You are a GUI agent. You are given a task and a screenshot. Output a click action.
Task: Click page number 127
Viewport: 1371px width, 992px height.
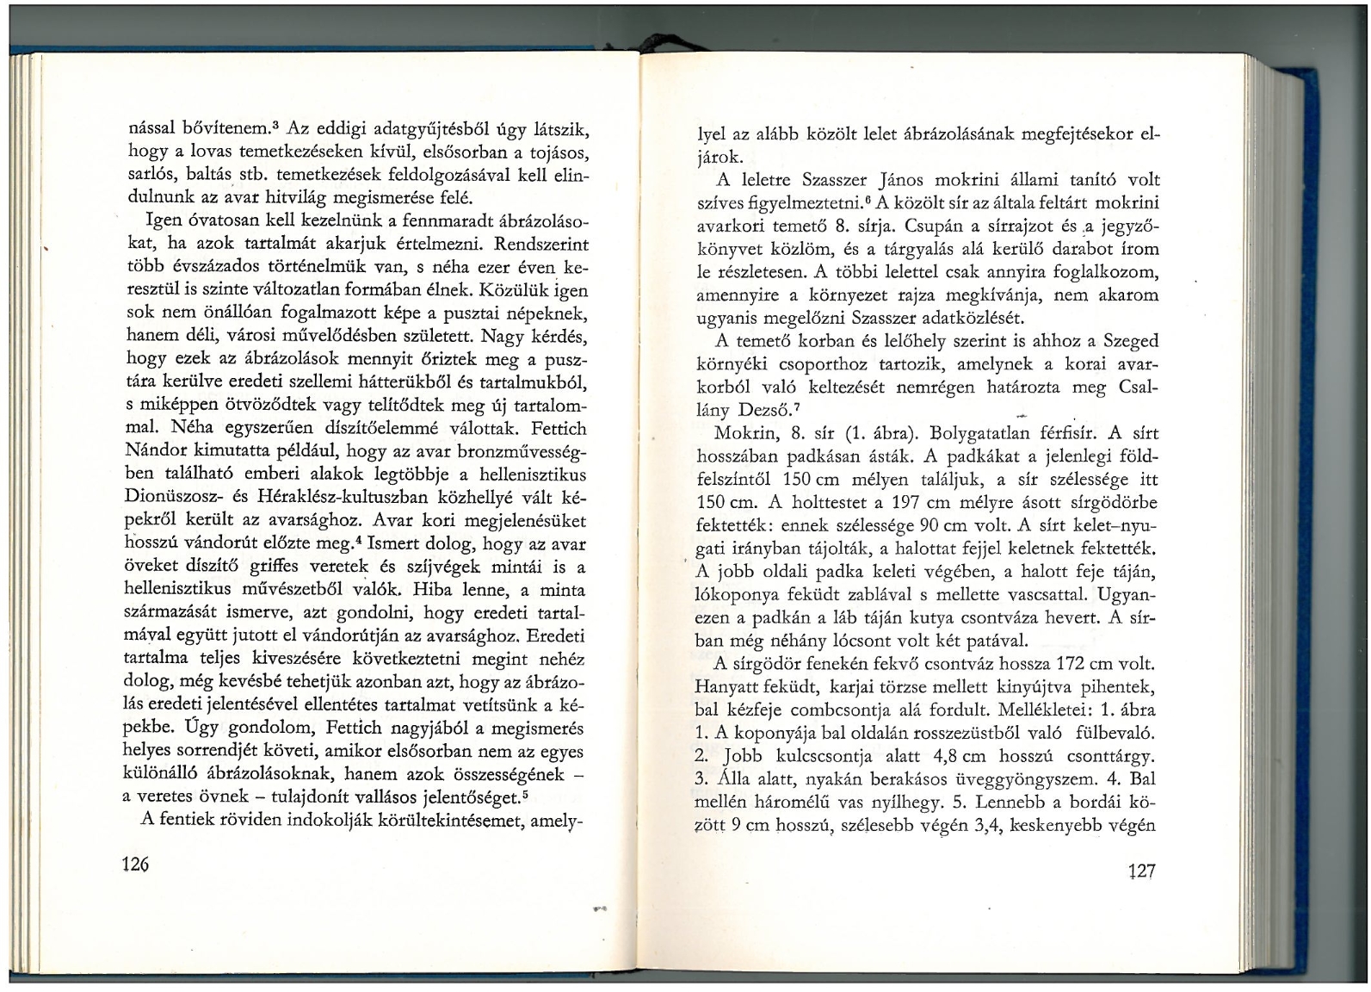click(1142, 871)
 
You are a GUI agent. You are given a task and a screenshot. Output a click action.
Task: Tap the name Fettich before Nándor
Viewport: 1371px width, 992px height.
click(559, 428)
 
